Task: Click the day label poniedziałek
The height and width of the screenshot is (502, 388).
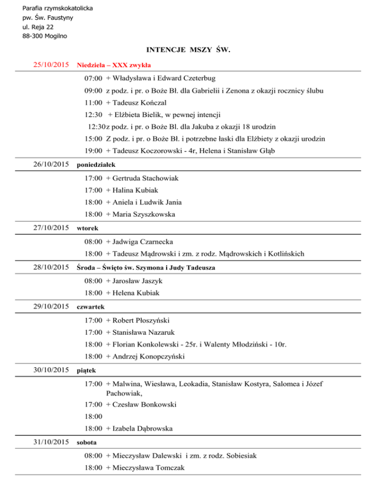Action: click(96, 165)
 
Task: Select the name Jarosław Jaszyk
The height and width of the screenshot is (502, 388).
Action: click(138, 280)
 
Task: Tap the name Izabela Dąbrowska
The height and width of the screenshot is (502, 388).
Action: click(143, 428)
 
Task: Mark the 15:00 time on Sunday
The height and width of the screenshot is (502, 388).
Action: click(94, 138)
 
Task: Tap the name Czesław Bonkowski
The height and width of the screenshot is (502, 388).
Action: click(143, 404)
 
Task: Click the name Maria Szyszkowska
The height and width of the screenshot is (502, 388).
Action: click(144, 214)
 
